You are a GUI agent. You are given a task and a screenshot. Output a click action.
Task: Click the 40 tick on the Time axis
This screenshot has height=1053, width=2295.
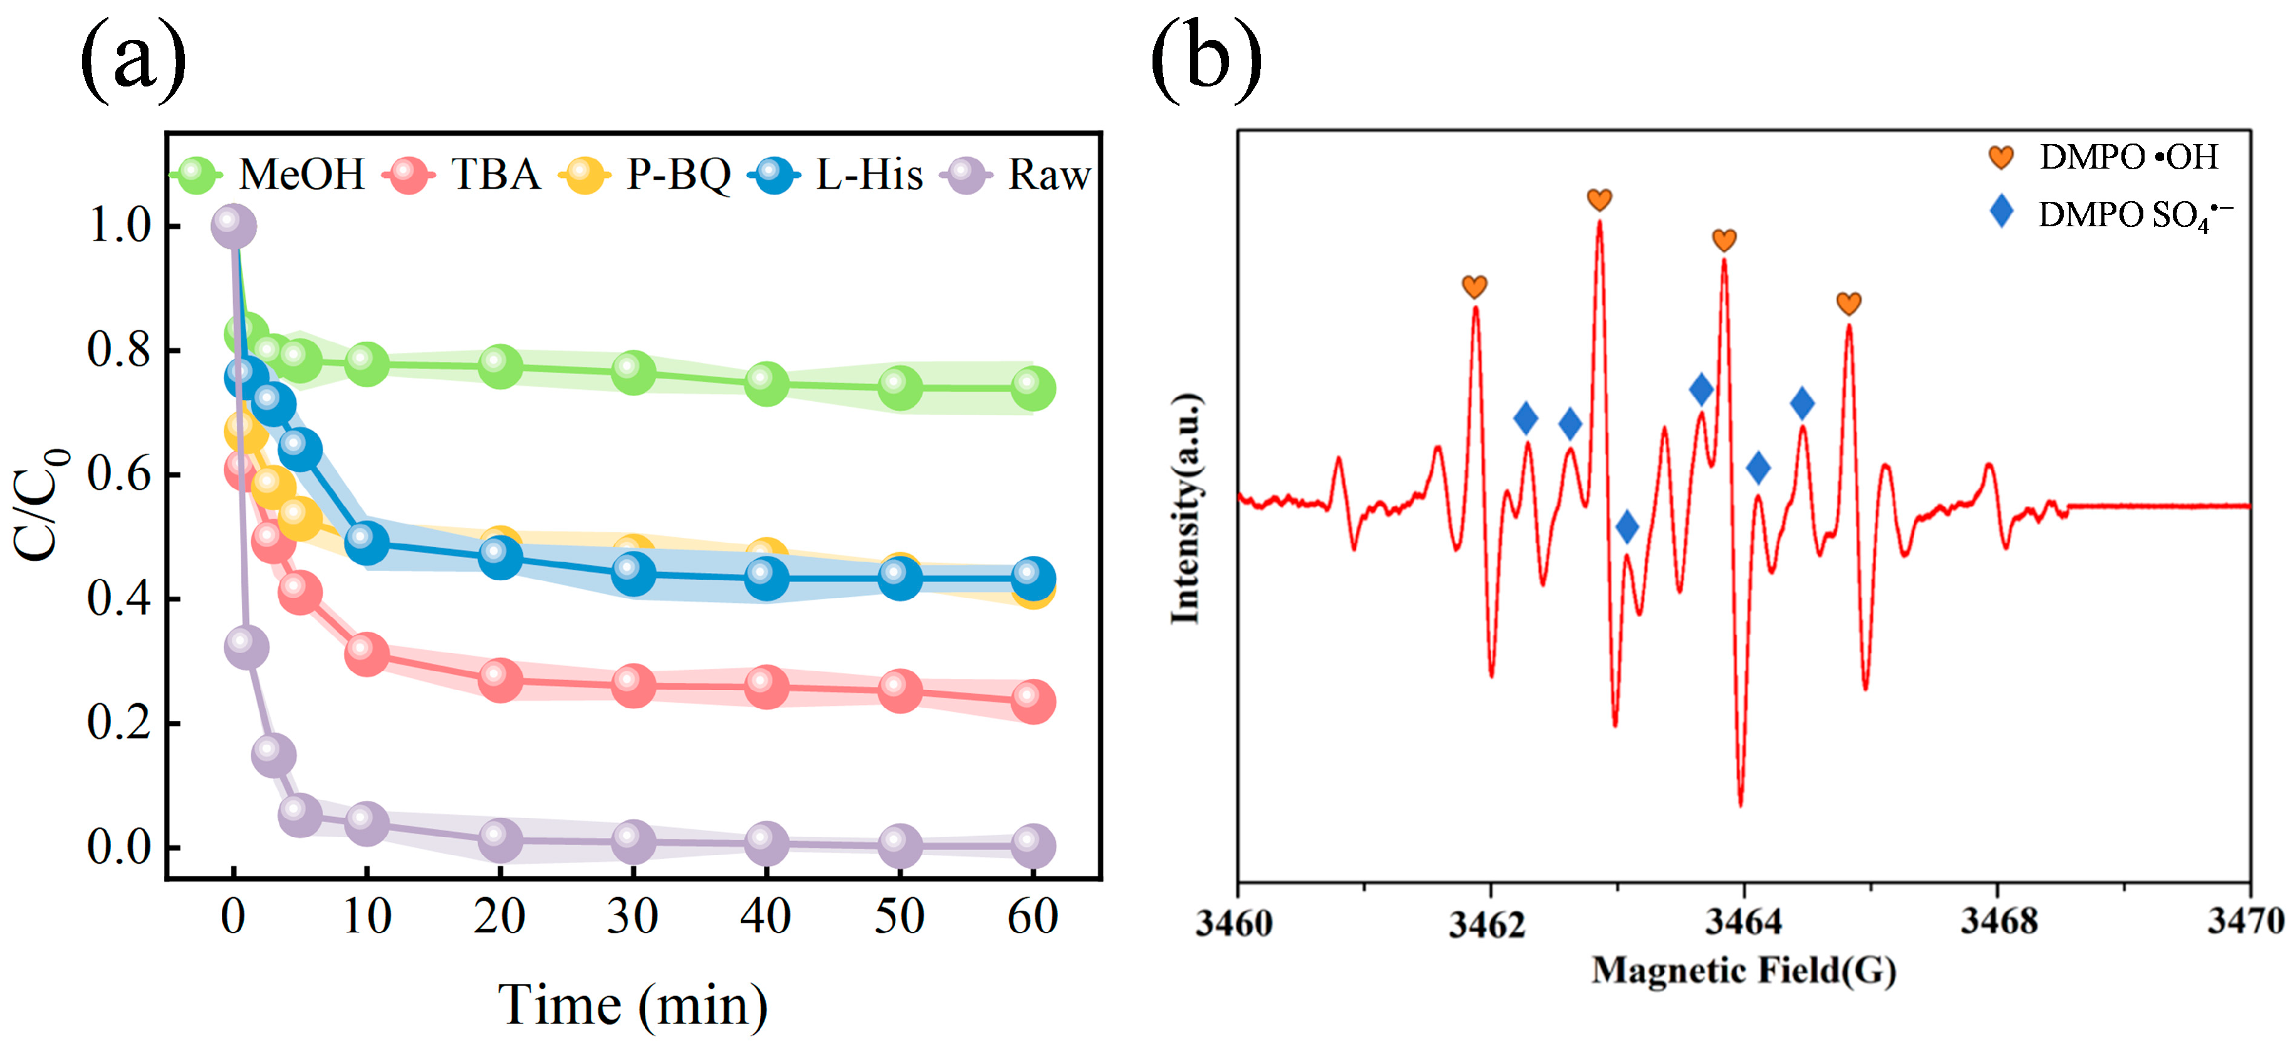(x=765, y=916)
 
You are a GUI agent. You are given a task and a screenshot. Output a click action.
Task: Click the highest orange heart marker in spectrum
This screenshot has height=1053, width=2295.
(x=1599, y=199)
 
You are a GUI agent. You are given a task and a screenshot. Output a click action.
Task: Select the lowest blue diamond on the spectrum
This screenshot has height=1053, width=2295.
(x=1627, y=526)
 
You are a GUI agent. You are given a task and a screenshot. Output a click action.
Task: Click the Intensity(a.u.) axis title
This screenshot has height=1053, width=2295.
(x=1186, y=508)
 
